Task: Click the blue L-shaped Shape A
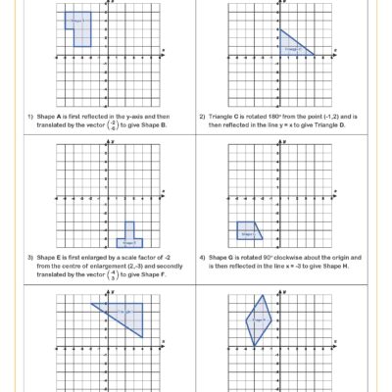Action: (80, 26)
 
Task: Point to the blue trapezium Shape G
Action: (248, 232)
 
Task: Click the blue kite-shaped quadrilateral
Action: (259, 319)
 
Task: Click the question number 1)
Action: (29, 117)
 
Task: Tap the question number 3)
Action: (29, 260)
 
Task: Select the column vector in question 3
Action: (111, 276)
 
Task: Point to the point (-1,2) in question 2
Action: (326, 117)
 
